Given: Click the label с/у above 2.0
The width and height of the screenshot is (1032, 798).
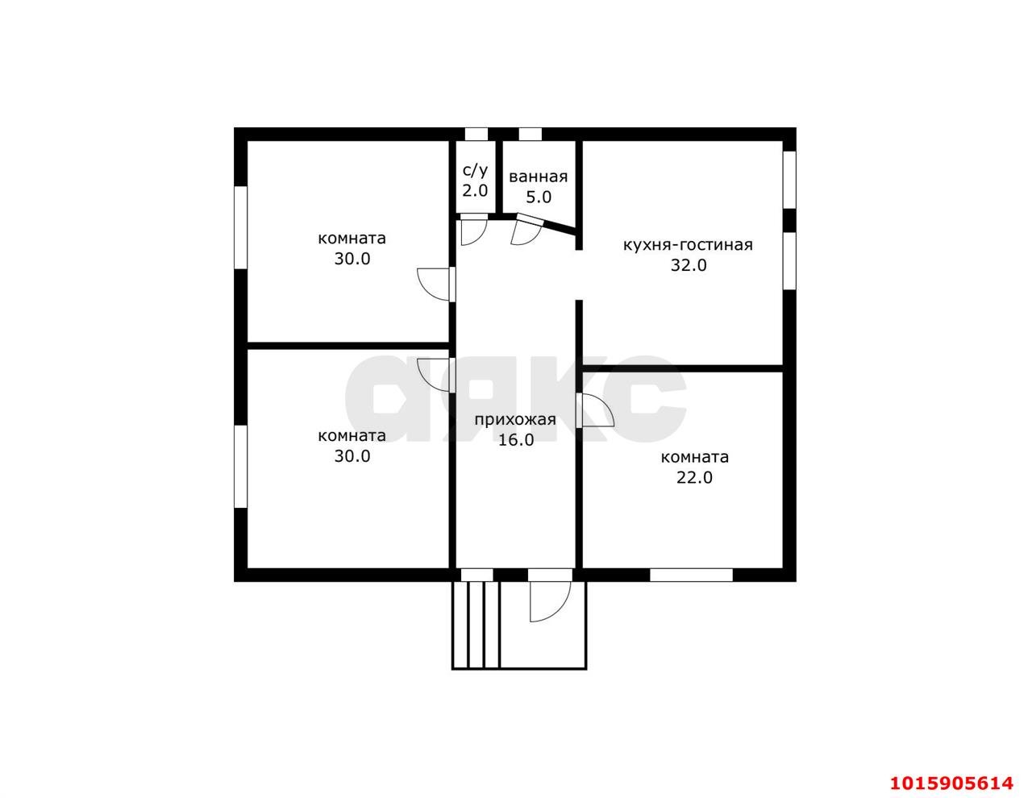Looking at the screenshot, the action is (475, 170).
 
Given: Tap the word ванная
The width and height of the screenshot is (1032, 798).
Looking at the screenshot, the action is (538, 177).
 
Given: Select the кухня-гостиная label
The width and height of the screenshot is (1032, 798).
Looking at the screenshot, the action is (688, 245).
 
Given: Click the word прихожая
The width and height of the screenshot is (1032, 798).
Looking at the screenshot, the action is (515, 420).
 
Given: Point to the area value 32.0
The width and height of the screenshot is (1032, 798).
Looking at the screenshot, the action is (689, 265).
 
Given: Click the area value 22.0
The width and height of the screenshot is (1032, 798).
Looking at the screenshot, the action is (694, 477).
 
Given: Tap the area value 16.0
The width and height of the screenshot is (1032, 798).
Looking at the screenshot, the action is (516, 440).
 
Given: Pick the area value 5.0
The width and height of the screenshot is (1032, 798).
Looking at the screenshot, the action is (539, 197).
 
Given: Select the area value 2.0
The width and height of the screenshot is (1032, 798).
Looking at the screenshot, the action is (475, 191).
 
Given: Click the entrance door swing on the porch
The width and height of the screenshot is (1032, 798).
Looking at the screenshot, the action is (550, 601).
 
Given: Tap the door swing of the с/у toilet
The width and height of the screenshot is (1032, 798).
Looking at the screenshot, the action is (473, 232).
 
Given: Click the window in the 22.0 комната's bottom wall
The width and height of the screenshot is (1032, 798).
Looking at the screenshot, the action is (691, 575).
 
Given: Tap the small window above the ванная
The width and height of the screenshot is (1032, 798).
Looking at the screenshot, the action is (530, 135).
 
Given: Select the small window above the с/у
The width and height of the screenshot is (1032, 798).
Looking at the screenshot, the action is (476, 135).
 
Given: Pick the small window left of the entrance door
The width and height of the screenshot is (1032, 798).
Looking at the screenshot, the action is (476, 575).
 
